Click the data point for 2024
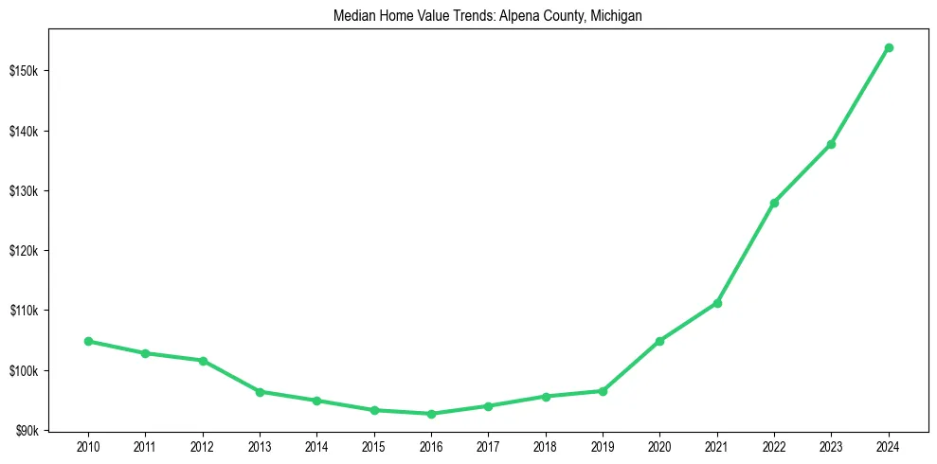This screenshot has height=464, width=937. pyautogui.click(x=889, y=47)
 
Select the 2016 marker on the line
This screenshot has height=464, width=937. pyautogui.click(x=431, y=414)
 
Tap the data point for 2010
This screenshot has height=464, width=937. pyautogui.click(x=88, y=341)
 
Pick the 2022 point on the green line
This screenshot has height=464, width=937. pyautogui.click(x=774, y=203)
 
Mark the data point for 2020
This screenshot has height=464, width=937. pyautogui.click(x=659, y=341)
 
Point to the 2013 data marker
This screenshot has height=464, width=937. pyautogui.click(x=260, y=392)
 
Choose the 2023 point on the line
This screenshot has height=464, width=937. pyautogui.click(x=831, y=144)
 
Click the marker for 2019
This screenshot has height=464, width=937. pyautogui.click(x=603, y=391)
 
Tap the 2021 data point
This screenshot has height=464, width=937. pyautogui.click(x=717, y=303)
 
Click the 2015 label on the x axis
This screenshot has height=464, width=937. pyautogui.click(x=374, y=445)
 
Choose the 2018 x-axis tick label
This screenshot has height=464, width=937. pyautogui.click(x=546, y=445)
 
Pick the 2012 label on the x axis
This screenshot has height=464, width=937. pyautogui.click(x=203, y=445)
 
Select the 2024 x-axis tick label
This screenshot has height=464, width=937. pyautogui.click(x=889, y=445)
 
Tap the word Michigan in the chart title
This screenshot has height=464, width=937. pyautogui.click(x=617, y=16)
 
